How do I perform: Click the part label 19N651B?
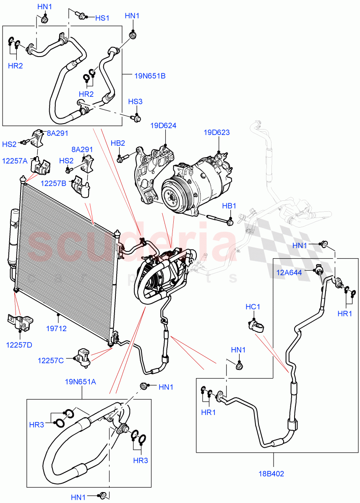click(x=150, y=76)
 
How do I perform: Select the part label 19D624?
click(x=164, y=125)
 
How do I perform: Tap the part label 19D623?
click(x=217, y=132)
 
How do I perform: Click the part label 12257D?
click(x=19, y=345)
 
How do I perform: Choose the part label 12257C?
click(x=50, y=360)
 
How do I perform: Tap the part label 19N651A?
click(x=81, y=381)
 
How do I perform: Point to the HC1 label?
click(x=253, y=307)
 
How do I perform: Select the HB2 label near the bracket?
click(x=118, y=143)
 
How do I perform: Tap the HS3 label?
click(x=136, y=102)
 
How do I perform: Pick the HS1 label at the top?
click(x=102, y=18)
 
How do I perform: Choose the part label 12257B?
click(x=53, y=183)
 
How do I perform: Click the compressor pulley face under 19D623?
click(x=172, y=194)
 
